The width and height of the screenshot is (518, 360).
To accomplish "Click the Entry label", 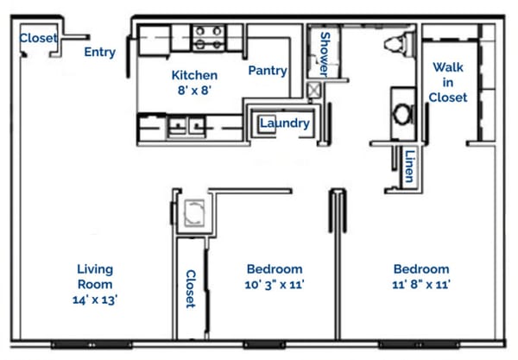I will (x=100, y=52).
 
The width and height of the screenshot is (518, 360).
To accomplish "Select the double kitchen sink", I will (x=187, y=126).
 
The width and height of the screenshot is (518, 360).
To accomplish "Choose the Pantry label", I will (x=268, y=71).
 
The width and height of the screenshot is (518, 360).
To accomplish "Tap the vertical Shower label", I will (x=326, y=53).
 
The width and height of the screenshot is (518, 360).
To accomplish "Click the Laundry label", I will (x=284, y=123).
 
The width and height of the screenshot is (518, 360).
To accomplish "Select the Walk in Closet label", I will (x=449, y=82).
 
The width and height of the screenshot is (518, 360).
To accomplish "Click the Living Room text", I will (x=96, y=276).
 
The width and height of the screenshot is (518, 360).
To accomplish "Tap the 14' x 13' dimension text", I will (x=96, y=300).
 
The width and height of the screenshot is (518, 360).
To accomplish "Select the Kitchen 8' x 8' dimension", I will (x=193, y=91).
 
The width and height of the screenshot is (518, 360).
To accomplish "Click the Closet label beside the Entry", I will (x=38, y=38).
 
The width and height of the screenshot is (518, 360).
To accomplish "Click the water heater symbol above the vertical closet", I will (x=193, y=212).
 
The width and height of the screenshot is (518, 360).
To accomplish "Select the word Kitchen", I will (x=193, y=75).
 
